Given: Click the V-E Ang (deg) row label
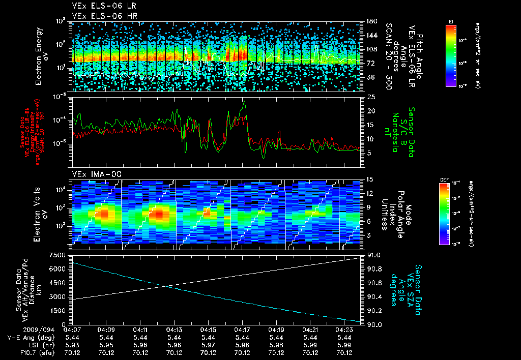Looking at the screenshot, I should coord(28,337).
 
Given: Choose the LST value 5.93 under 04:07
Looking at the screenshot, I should coord(72,345).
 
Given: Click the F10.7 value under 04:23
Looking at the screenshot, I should coord(345,352).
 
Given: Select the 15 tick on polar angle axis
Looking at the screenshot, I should coord(370,179).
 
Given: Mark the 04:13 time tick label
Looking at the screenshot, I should coord(175,329).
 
